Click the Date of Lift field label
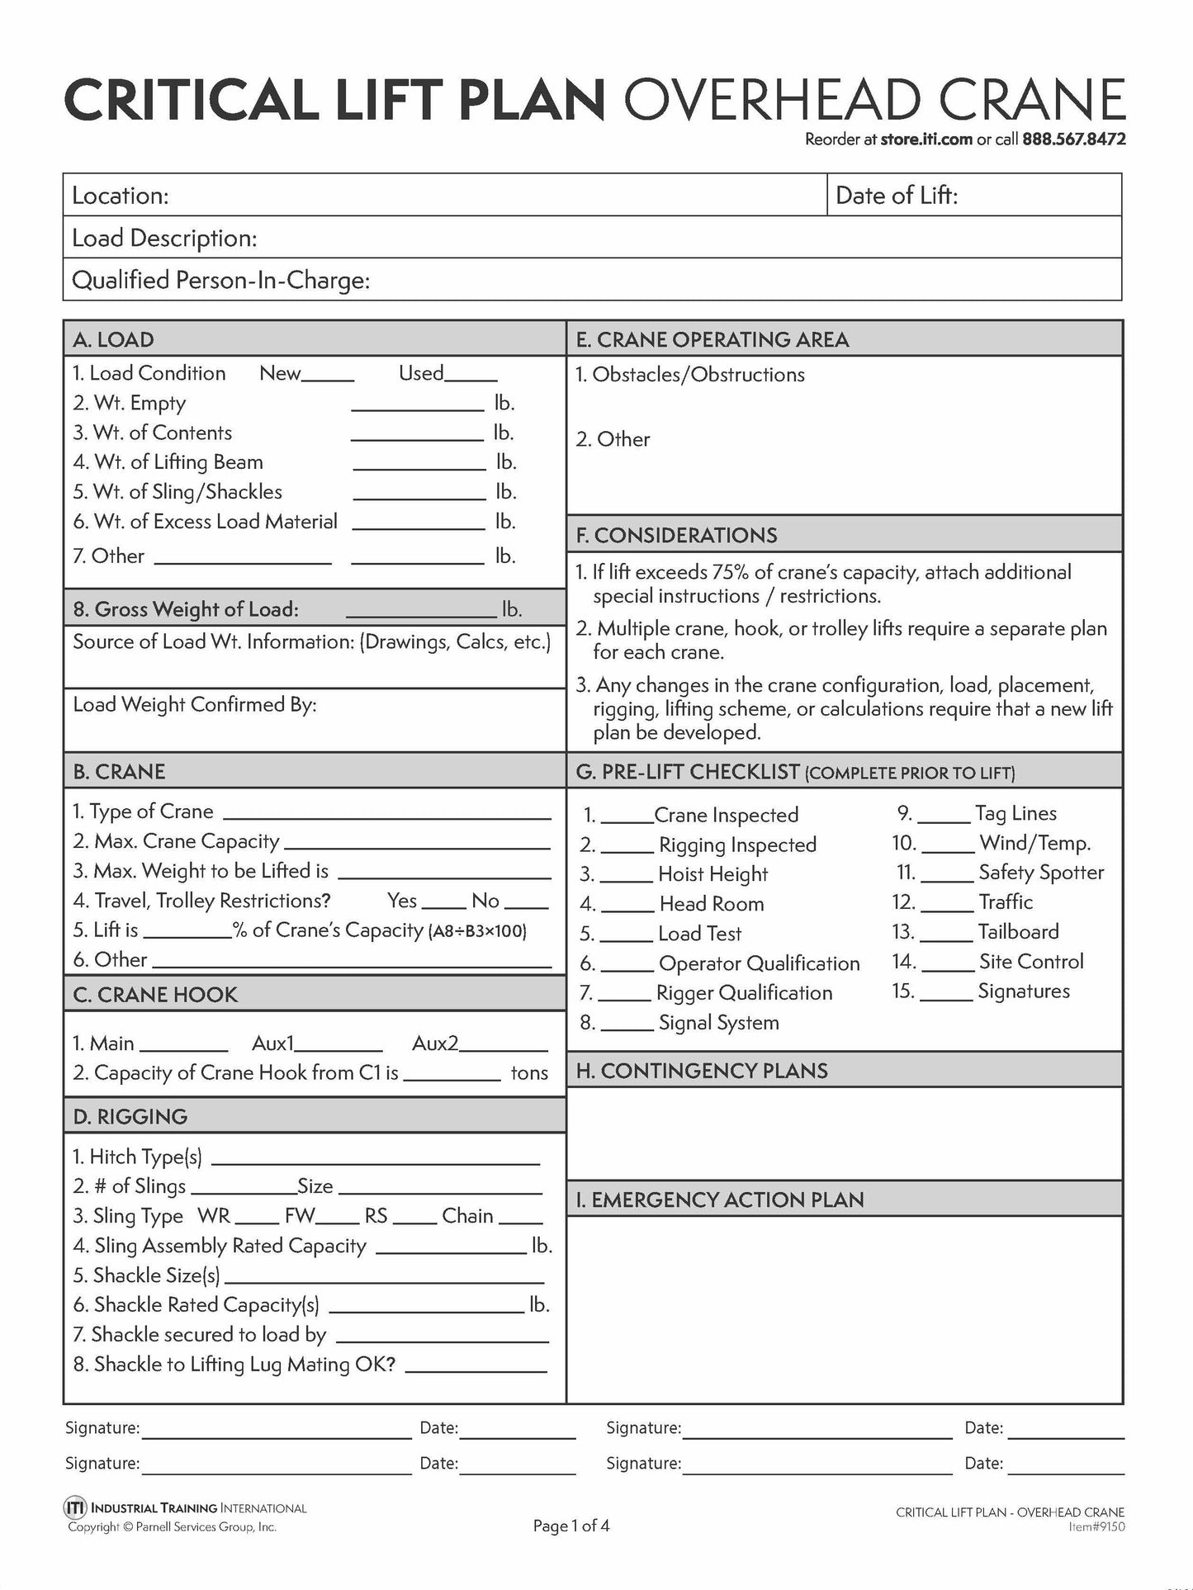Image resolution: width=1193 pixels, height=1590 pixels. click(897, 196)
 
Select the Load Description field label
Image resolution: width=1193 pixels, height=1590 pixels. click(164, 239)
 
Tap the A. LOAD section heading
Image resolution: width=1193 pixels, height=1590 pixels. click(113, 339)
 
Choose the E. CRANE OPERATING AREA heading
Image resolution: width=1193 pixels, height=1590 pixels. click(712, 339)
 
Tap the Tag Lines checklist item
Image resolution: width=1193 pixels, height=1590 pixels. click(1015, 813)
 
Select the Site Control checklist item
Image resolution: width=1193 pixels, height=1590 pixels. click(1031, 962)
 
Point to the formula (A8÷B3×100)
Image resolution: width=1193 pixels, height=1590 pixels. click(477, 931)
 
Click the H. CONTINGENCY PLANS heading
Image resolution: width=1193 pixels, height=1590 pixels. click(702, 1071)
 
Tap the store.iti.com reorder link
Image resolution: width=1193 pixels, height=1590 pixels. click(926, 140)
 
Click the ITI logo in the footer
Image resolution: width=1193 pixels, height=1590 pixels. click(74, 1507)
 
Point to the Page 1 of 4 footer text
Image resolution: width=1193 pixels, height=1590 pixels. click(571, 1526)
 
